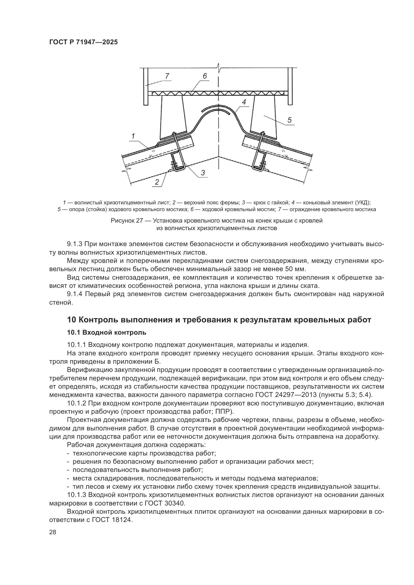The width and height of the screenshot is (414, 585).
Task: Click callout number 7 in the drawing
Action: point(167,76)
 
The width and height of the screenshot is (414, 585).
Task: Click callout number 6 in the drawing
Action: point(205,76)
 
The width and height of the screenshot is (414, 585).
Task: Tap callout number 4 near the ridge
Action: point(244,102)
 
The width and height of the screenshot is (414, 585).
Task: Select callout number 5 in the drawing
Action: point(289,120)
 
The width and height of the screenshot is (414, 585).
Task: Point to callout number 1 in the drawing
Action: point(133,136)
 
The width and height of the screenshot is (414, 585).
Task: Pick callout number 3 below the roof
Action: point(203,173)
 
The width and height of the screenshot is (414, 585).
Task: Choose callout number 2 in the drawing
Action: point(157,182)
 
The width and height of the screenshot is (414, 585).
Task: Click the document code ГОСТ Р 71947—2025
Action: point(83,42)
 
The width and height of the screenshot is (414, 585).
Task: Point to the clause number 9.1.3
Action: point(74,244)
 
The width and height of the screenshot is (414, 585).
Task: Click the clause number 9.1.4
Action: point(74,294)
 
